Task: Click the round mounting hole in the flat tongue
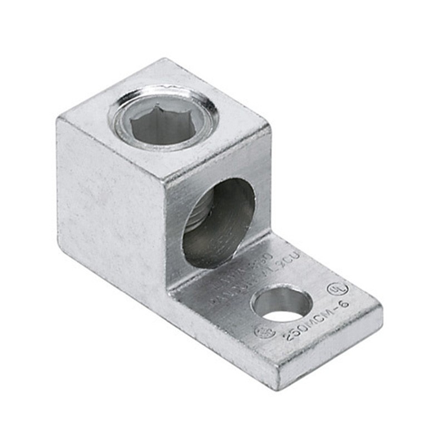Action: pos(281,305)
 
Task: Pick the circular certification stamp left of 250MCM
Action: pos(264,331)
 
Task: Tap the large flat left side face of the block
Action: pos(111,206)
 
